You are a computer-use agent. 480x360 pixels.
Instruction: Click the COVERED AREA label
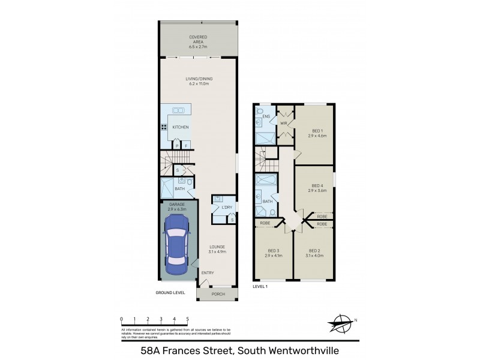tap(198, 40)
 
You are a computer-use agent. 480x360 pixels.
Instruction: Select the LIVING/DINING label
tap(198, 82)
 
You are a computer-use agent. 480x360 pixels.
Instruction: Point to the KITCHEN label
tap(181, 127)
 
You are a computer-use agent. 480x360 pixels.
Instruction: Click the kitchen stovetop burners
tap(163, 127)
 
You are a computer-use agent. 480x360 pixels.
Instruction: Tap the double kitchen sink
tap(178, 110)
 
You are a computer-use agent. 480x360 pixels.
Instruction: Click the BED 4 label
tap(317, 187)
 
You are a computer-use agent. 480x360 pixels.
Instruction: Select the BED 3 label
tap(273, 253)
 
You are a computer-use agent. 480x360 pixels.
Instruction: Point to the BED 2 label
tap(316, 253)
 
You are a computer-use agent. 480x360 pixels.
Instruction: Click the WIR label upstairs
tap(284, 124)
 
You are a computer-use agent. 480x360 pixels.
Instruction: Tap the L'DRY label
tap(226, 208)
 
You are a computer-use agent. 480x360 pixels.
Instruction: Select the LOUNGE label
tap(217, 249)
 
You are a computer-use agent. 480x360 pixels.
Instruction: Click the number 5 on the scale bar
tap(188, 318)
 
